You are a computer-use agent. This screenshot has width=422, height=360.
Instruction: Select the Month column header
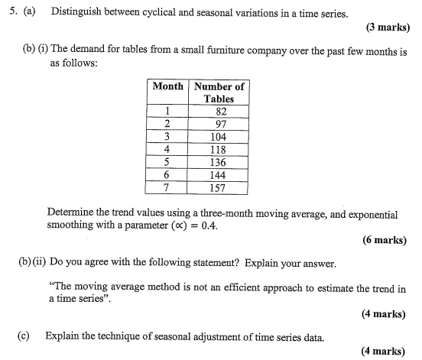tap(167, 86)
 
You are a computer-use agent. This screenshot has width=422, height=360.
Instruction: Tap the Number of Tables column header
tap(219, 92)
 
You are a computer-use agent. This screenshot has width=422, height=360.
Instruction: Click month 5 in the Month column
tap(167, 162)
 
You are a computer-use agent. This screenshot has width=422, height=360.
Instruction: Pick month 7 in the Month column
tap(167, 187)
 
